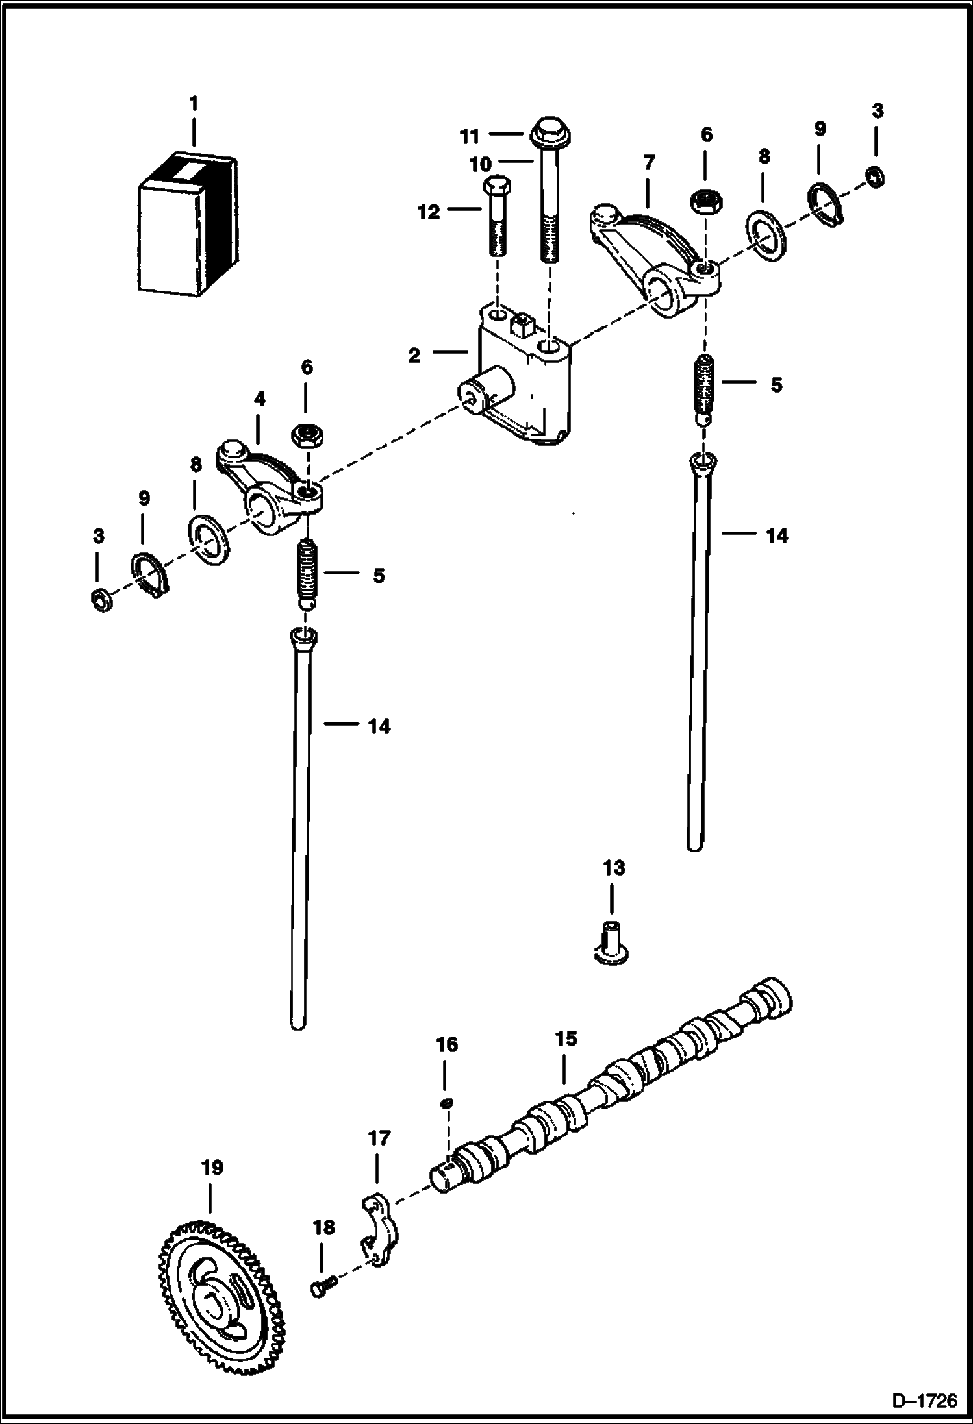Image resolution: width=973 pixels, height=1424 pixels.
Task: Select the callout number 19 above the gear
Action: [212, 1168]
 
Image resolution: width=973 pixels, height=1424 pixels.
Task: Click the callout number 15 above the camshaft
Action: [566, 1038]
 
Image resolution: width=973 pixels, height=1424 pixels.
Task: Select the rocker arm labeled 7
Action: [656, 260]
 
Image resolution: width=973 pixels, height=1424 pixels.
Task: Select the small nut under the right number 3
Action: [876, 176]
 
